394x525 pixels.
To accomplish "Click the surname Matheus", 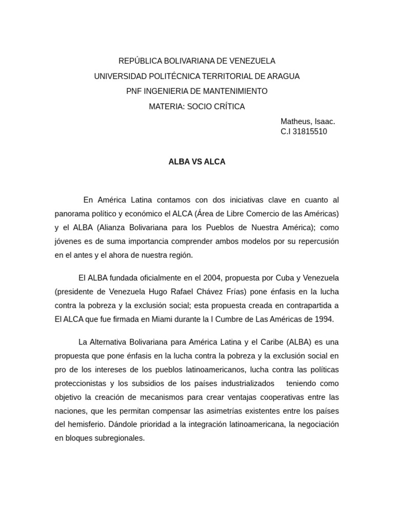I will pos(296,122).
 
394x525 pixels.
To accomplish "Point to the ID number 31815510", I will pos(309,131).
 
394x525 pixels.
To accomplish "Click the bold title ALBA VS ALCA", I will pos(197,161).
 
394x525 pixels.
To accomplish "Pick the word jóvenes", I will pos(69,241).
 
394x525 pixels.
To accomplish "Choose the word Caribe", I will pos(268,342).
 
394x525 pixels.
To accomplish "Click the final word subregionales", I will pos(119,438).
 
